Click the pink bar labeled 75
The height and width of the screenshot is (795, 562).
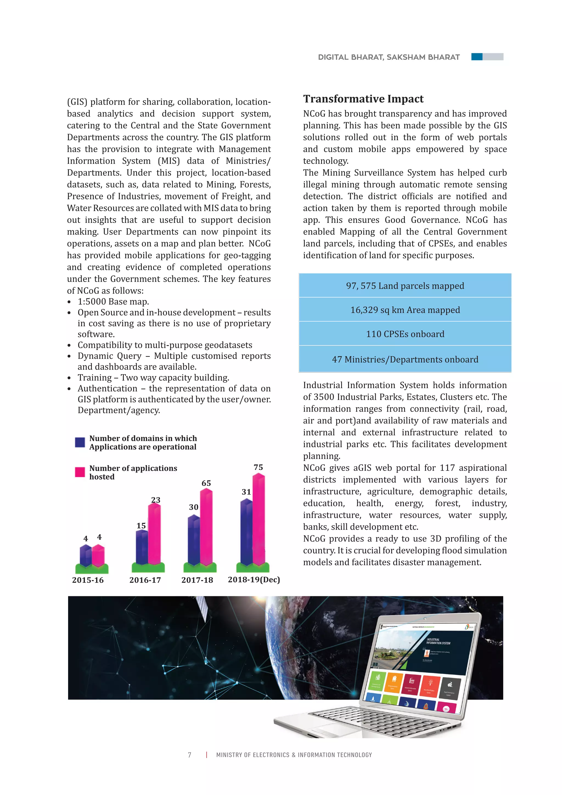[x=258, y=519]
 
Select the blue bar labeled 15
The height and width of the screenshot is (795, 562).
[x=142, y=547]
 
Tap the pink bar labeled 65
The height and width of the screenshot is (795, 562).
[x=206, y=526]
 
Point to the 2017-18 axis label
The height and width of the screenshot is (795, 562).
[x=197, y=580]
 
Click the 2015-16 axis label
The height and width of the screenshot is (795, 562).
[x=88, y=580]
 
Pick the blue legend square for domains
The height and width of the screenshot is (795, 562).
[x=80, y=442]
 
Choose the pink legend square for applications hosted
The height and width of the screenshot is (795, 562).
[x=80, y=472]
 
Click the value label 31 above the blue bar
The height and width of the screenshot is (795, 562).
[x=246, y=492]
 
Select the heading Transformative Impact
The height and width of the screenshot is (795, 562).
[x=363, y=99]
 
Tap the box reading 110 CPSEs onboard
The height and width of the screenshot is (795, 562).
[x=405, y=334]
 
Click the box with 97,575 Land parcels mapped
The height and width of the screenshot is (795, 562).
[x=405, y=286]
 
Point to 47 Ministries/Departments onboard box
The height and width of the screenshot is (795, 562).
[x=405, y=359]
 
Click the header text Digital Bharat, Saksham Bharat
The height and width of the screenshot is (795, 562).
[x=389, y=57]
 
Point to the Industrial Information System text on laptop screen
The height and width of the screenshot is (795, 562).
[x=438, y=641]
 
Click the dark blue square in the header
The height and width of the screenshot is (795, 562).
[x=477, y=57]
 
